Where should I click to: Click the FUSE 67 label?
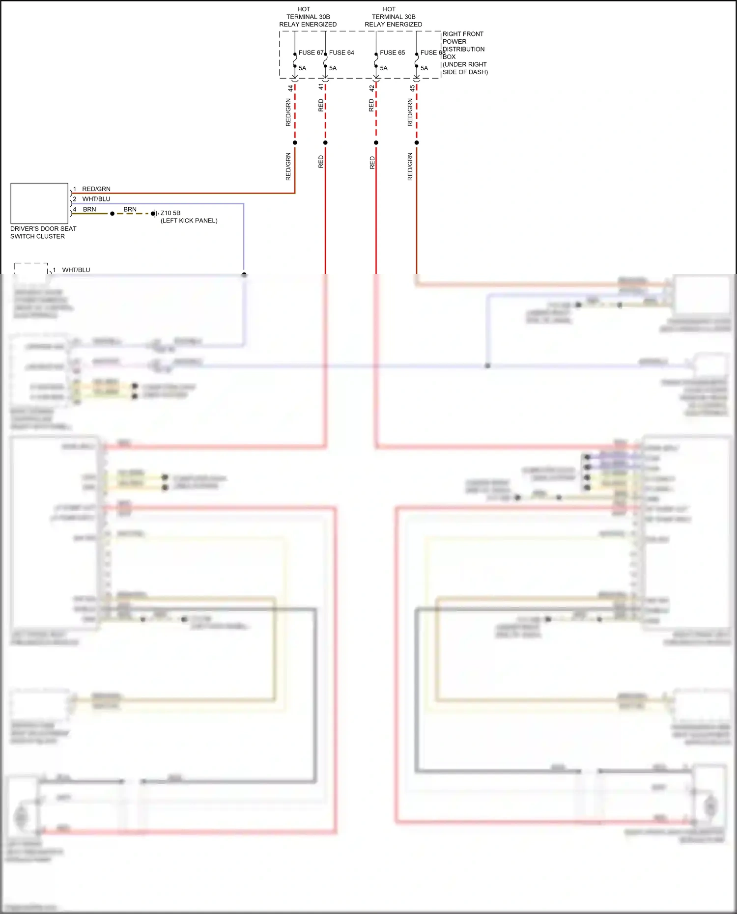[311, 53]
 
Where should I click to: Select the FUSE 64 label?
[341, 53]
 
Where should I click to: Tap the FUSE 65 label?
[392, 53]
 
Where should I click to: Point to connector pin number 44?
[290, 88]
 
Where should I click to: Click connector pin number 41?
[321, 87]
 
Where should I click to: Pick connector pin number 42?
[371, 88]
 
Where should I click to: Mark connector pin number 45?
[412, 88]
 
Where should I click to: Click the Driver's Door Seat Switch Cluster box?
[39, 203]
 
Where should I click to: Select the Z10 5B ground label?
[170, 213]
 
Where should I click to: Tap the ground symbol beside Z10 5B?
[154, 214]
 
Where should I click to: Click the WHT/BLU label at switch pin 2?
[96, 199]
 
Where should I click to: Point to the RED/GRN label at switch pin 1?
[96, 189]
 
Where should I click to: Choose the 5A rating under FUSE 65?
[384, 68]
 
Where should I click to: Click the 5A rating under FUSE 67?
[303, 68]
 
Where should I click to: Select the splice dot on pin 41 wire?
[325, 143]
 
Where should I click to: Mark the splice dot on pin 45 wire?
[417, 143]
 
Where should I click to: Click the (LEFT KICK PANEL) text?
[189, 221]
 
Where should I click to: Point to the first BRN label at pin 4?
[89, 209]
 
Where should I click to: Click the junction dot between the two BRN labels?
[112, 214]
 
